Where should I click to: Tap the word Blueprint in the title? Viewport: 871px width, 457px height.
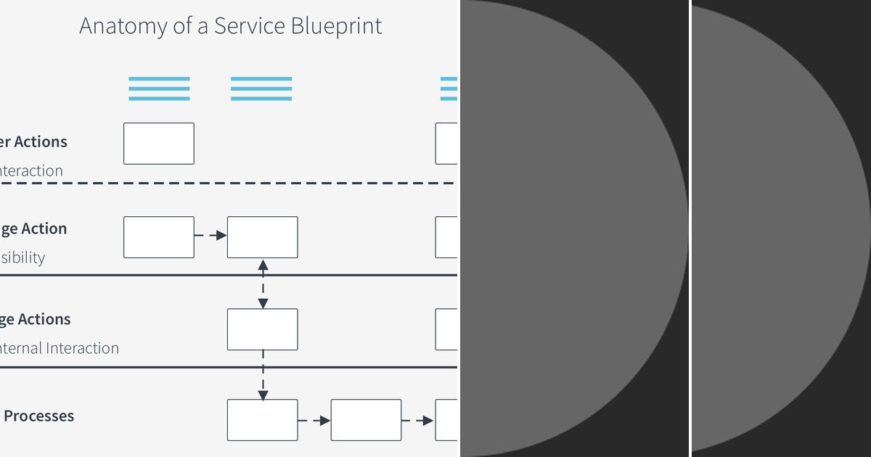336,26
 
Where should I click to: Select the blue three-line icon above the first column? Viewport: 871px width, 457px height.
159,88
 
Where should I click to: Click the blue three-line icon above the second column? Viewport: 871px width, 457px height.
261,88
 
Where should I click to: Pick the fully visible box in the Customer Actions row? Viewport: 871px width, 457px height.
159,144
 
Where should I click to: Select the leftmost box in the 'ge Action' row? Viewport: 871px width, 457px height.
159,237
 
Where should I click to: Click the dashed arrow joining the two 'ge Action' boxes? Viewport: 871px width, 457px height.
210,236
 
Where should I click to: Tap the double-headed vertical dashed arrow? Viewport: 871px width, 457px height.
263,284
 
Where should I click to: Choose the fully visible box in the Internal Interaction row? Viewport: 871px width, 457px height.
263,329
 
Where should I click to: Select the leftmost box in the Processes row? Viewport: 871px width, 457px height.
263,420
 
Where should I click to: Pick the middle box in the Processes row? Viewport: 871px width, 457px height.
366,420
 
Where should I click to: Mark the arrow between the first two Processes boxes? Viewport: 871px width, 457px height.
314,420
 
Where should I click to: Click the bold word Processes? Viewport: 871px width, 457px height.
39,416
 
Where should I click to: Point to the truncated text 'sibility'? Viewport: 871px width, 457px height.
23,258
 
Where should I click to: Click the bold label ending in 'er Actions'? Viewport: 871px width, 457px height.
34,142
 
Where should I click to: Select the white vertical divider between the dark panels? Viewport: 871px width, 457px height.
690,228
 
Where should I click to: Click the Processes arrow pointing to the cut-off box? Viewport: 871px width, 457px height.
418,420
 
